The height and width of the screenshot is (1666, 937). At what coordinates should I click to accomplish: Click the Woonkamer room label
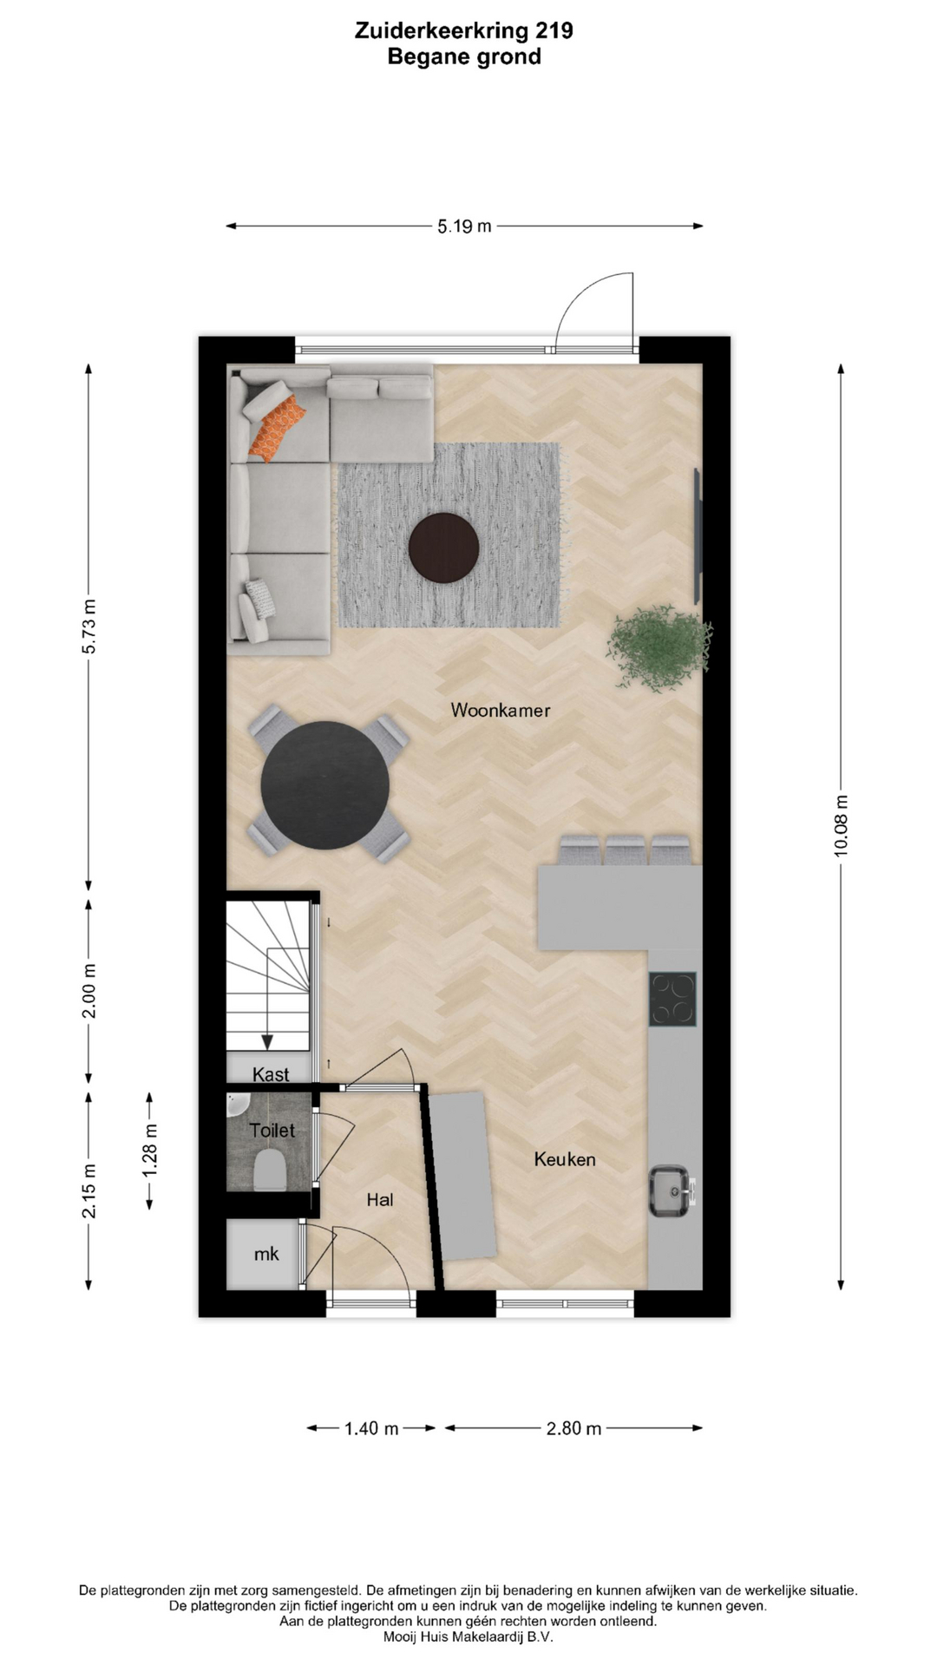[x=501, y=710]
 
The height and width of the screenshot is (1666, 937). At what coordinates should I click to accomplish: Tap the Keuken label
[x=565, y=1159]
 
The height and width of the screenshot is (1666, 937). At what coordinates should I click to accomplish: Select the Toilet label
[x=272, y=1131]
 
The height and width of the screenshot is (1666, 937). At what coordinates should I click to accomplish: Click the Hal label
[x=380, y=1199]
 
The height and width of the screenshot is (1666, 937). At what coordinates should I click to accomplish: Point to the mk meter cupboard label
[x=266, y=1254]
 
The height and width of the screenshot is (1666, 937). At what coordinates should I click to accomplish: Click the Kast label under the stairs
[x=271, y=1074]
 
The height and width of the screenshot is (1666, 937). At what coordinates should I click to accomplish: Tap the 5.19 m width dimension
[x=464, y=226]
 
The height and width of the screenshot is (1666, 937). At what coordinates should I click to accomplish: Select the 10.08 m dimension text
[x=841, y=826]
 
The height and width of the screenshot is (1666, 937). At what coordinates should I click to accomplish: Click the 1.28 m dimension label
[x=150, y=1151]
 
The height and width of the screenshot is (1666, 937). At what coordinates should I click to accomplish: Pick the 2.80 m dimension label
[x=573, y=1428]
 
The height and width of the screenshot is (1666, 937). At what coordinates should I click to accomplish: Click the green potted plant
[x=659, y=647]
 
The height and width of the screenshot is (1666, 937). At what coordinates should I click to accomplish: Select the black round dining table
[x=325, y=785]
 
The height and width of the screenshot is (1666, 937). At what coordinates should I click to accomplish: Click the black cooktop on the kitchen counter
[x=673, y=999]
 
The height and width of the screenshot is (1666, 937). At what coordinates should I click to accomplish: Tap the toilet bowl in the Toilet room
[x=268, y=1171]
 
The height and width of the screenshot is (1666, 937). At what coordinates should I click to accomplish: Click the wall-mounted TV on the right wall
[x=697, y=535]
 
